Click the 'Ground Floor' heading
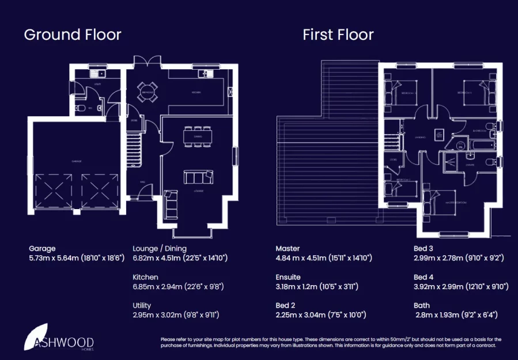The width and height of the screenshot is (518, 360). coord(73,35)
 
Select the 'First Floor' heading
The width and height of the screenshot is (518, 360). coord(338,35)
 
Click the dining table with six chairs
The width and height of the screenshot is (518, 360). coord(198,137)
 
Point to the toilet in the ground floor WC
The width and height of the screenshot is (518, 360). coord(84,108)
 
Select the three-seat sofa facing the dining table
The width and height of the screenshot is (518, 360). coord(198,175)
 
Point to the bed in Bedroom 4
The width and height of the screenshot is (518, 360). coord(476,92)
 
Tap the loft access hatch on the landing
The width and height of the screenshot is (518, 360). coord(438,134)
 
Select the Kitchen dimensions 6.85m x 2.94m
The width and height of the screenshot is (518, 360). coord(178,286)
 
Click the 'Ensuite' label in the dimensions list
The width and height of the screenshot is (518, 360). coord(288,277)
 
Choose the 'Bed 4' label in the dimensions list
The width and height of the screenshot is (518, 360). coord(424,277)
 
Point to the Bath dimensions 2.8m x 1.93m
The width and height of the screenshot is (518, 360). coord(456,315)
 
